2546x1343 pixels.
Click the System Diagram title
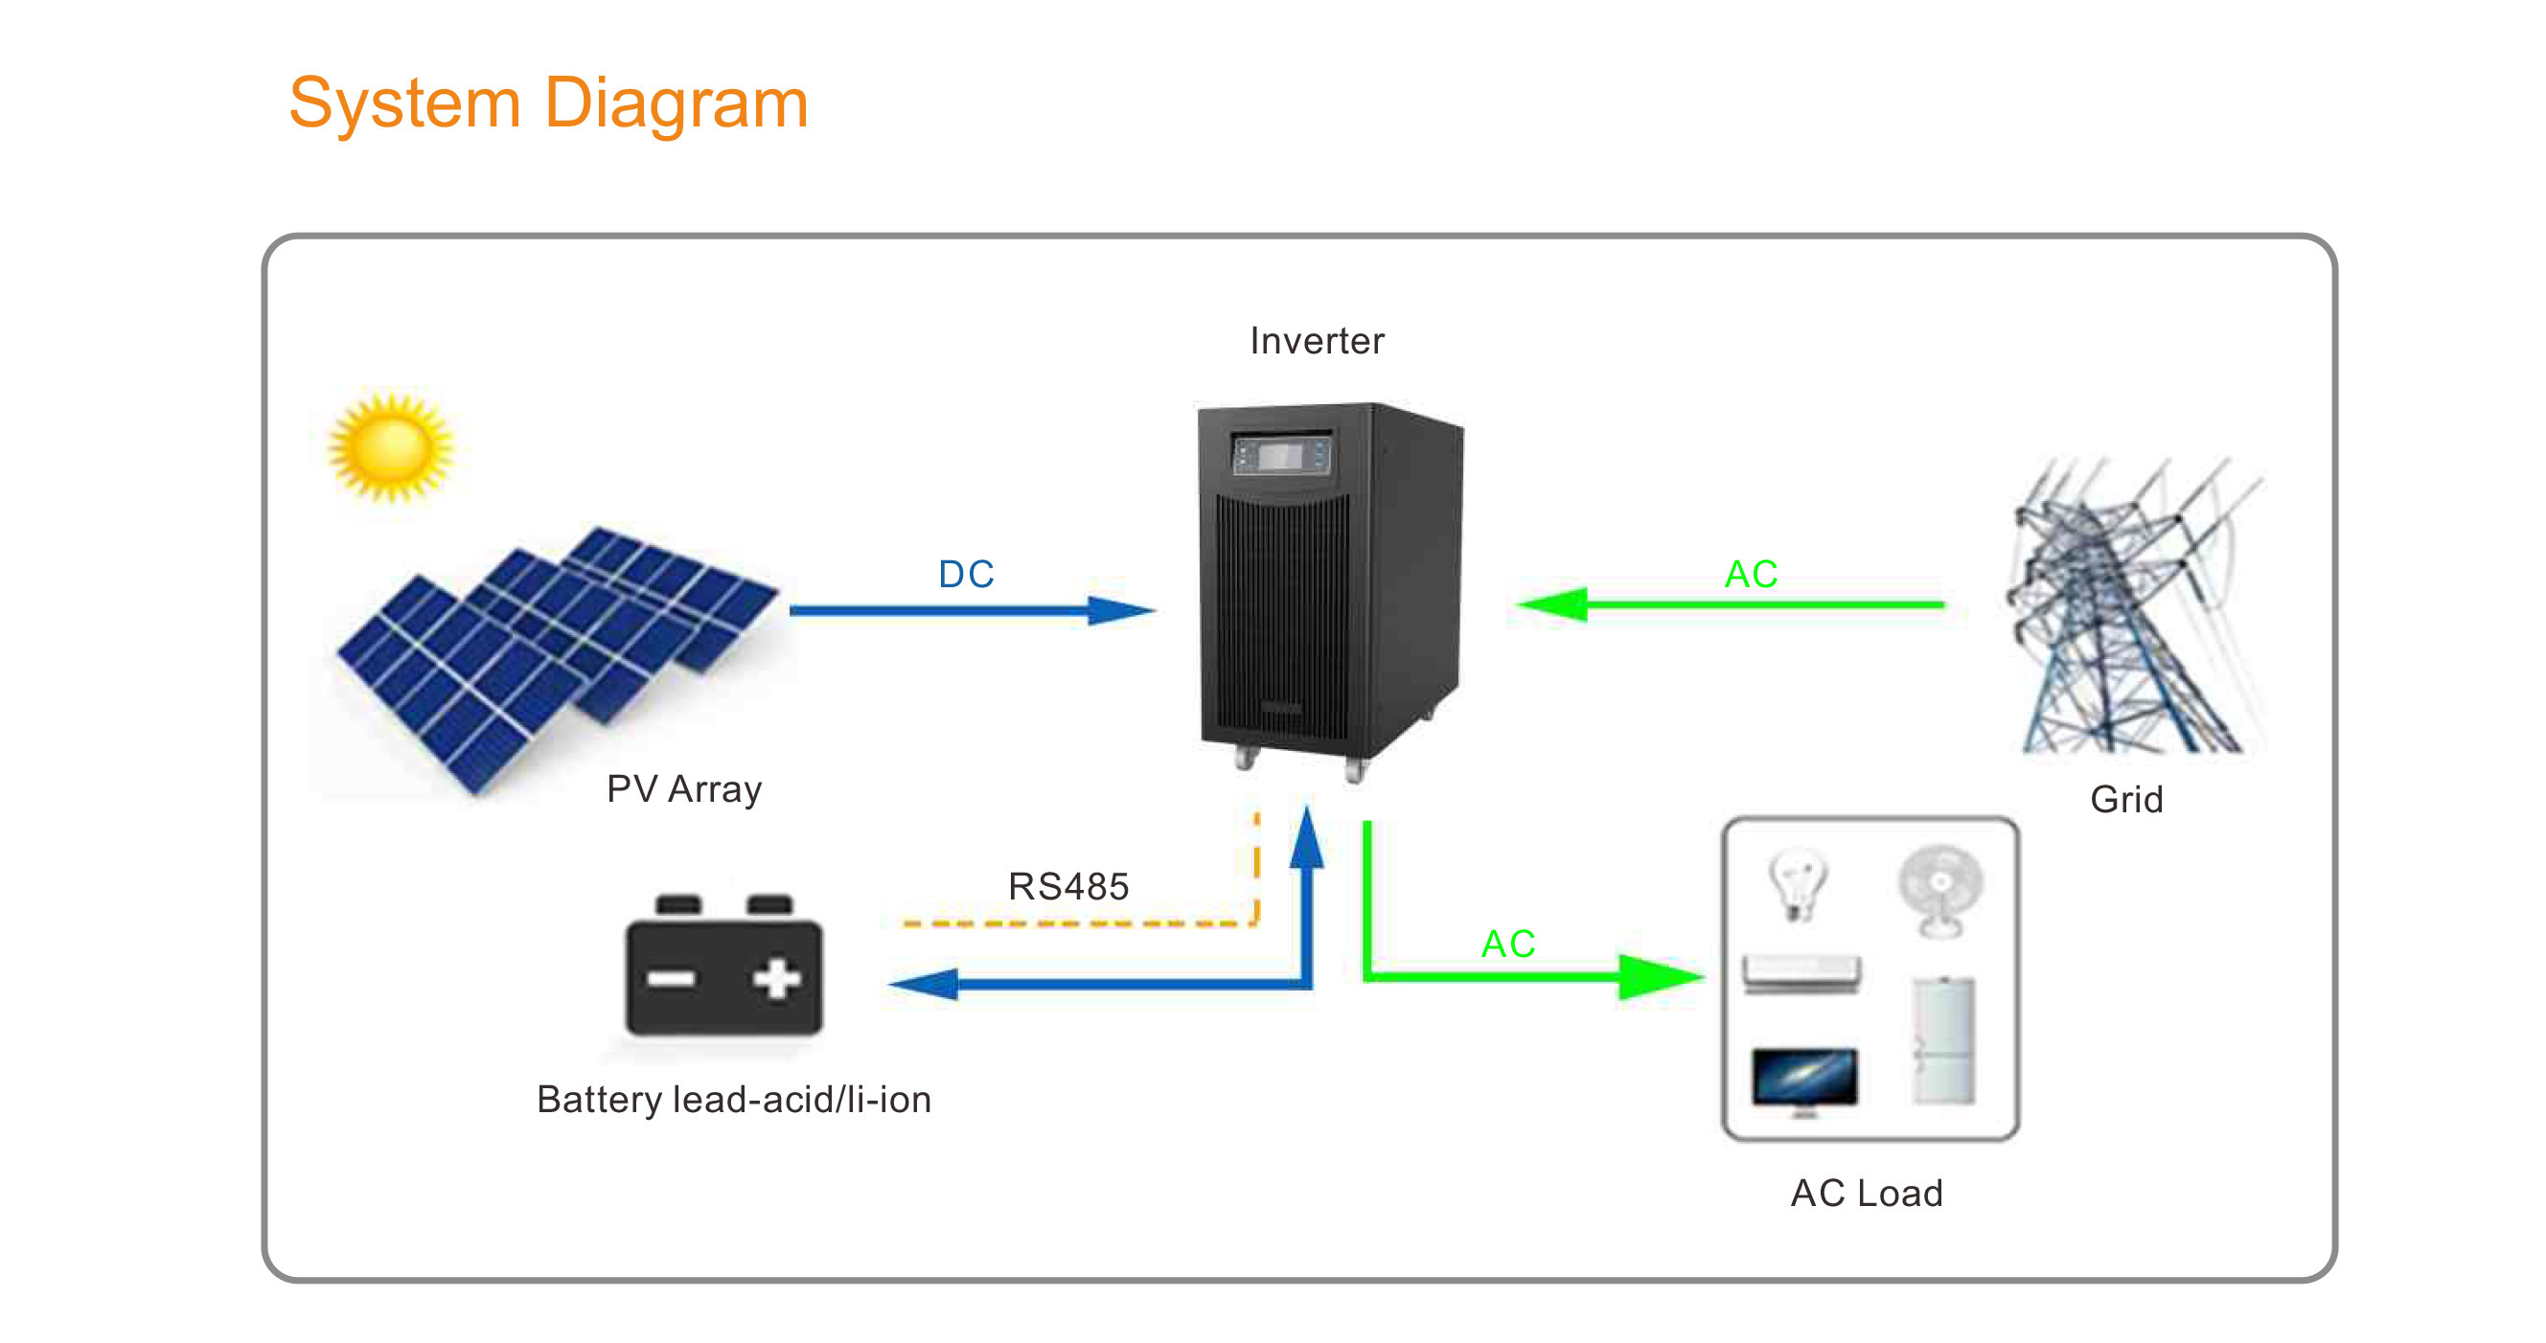click(548, 104)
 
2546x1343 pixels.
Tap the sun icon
click(390, 448)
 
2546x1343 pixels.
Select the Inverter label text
click(1317, 341)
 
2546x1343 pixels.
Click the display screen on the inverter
click(1279, 456)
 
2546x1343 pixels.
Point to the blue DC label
click(966, 574)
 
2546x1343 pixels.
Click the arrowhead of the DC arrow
click(1122, 611)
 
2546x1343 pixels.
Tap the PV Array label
click(684, 789)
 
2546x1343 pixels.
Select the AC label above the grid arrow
click(1751, 574)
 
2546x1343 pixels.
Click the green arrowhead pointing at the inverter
click(1552, 603)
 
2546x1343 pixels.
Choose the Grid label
click(2126, 800)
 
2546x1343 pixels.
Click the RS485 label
click(1068, 886)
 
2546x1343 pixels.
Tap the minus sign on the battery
click(671, 978)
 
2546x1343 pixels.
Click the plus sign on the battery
click(777, 978)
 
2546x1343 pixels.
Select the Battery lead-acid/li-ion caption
click(733, 1100)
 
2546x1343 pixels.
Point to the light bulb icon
click(1798, 884)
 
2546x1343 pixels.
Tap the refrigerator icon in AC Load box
click(1943, 1040)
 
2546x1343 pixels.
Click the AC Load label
click(1866, 1193)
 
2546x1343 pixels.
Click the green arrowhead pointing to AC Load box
click(1662, 976)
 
